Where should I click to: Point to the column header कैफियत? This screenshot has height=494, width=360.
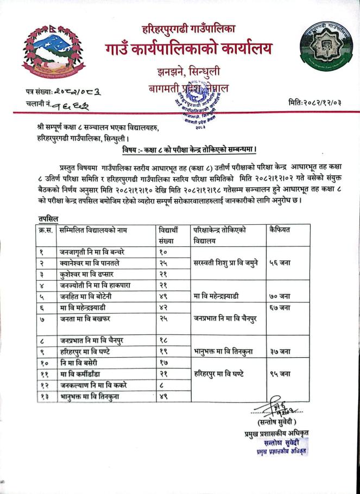click(280, 230)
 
